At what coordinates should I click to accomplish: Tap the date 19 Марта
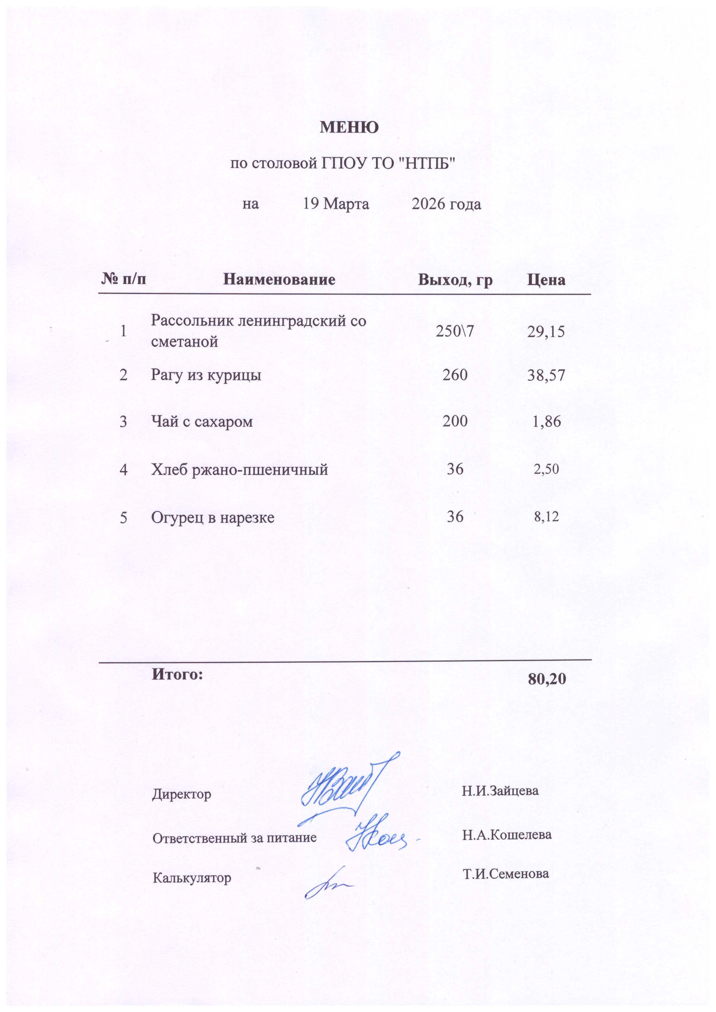tap(336, 204)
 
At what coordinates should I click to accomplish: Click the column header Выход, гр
tap(455, 280)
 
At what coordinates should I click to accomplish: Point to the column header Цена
tap(546, 280)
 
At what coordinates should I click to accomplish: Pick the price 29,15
tap(546, 332)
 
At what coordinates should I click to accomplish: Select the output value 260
tap(455, 375)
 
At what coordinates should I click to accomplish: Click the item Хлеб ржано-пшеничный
tap(240, 470)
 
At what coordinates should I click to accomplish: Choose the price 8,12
tap(546, 516)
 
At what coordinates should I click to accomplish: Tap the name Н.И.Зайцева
tap(500, 790)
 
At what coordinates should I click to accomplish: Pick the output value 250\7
tap(455, 332)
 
